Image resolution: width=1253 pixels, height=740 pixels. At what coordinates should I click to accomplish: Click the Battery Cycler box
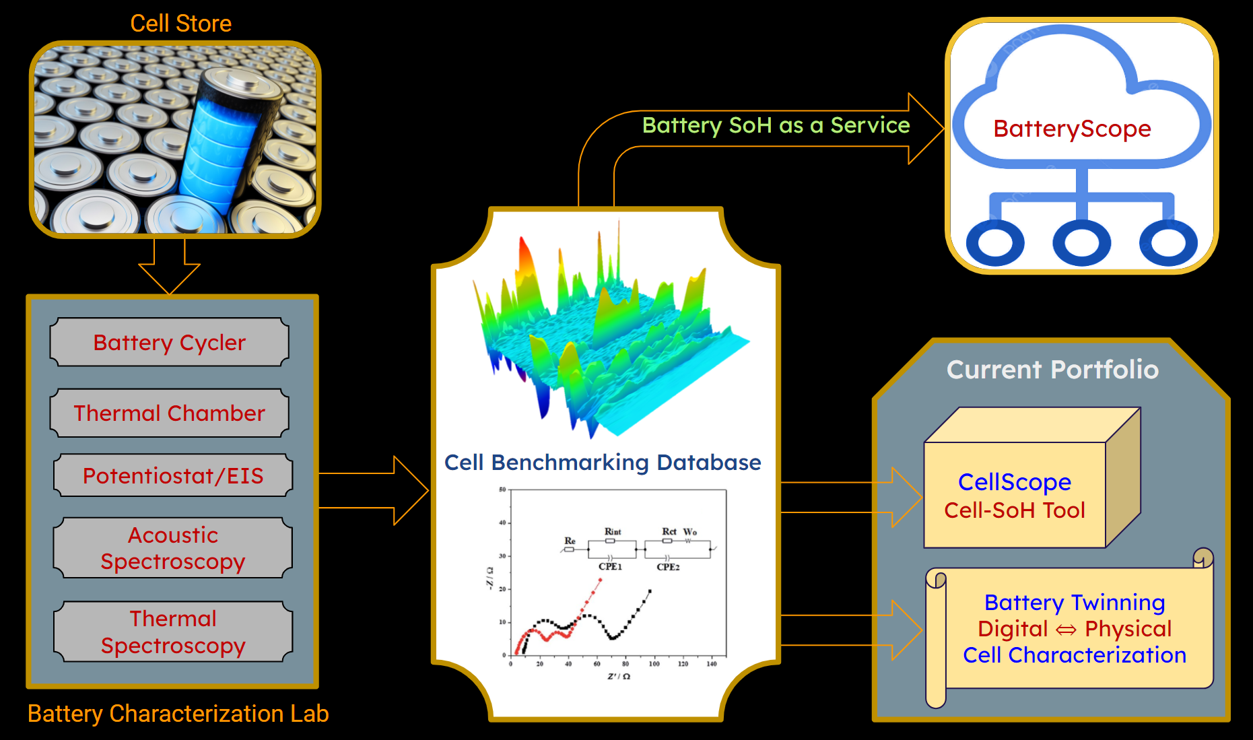[x=170, y=343]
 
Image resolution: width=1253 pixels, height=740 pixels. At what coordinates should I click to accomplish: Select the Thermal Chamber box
[x=170, y=413]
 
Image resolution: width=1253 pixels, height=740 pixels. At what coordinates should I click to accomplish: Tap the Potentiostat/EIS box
[x=173, y=475]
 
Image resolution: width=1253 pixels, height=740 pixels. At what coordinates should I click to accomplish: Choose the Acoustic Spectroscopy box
[x=173, y=547]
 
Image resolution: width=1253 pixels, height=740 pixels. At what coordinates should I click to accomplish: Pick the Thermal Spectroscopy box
[x=173, y=632]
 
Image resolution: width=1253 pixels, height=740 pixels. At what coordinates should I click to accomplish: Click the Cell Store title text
[x=180, y=24]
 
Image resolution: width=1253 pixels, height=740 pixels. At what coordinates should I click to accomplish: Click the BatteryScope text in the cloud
[x=1072, y=128]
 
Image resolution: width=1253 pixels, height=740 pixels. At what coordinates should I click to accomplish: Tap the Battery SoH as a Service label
[x=776, y=125]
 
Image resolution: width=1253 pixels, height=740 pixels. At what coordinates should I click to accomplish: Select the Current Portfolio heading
[x=1052, y=370]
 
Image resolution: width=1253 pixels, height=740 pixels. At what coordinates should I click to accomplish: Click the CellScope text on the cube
[x=1015, y=482]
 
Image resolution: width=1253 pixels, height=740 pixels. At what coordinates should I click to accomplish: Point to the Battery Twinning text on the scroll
[x=1075, y=602]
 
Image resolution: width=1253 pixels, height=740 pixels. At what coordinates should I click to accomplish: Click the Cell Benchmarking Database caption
[x=603, y=463]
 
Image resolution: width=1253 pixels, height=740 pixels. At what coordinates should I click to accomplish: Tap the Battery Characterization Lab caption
[x=178, y=714]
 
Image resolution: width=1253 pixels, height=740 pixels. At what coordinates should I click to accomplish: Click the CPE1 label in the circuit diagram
[x=611, y=567]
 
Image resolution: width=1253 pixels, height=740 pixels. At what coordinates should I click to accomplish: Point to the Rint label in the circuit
[x=613, y=531]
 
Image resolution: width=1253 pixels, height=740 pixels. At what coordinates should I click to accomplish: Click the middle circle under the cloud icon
[x=1081, y=244]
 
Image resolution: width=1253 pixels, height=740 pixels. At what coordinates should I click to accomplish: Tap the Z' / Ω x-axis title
[x=619, y=676]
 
